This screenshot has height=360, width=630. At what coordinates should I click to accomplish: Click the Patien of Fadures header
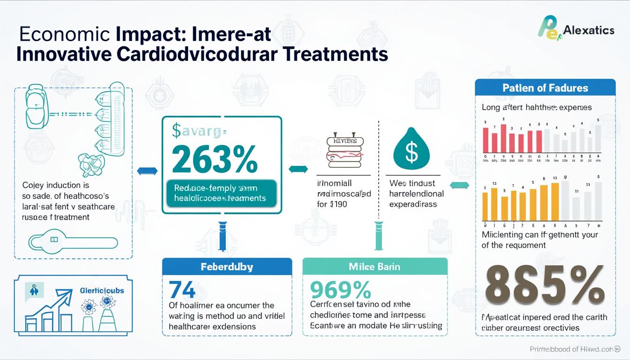pos(545,88)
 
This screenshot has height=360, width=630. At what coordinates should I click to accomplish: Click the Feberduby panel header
pos(227,267)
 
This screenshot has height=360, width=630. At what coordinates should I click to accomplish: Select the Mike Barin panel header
pos(375,267)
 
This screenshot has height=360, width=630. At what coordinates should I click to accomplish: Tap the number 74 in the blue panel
pos(182,290)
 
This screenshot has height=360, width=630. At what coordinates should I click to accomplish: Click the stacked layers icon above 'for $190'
pos(345,152)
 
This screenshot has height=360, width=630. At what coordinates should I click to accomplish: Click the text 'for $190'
pos(332,204)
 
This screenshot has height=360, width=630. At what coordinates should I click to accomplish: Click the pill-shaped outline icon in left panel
pos(73,242)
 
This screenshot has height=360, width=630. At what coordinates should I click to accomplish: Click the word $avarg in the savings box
pos(198,132)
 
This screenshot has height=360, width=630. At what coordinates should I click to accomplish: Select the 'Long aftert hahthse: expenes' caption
pos(537,107)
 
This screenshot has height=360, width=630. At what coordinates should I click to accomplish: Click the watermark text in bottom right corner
pos(578,349)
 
